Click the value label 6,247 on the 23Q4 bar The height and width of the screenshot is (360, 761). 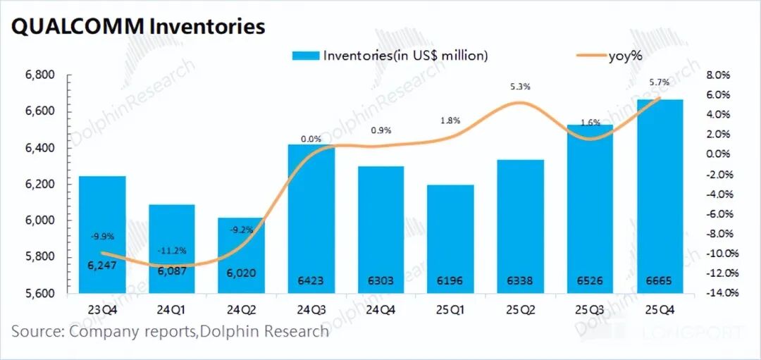point(102,265)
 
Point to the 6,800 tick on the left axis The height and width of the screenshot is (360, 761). point(41,75)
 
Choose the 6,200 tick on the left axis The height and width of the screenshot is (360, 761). point(41,185)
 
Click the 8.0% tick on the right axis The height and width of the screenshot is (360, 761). point(718,75)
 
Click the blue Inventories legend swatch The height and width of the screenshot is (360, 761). point(305,55)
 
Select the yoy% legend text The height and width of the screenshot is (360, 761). point(625,56)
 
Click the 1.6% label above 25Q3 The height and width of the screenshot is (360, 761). point(590,122)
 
